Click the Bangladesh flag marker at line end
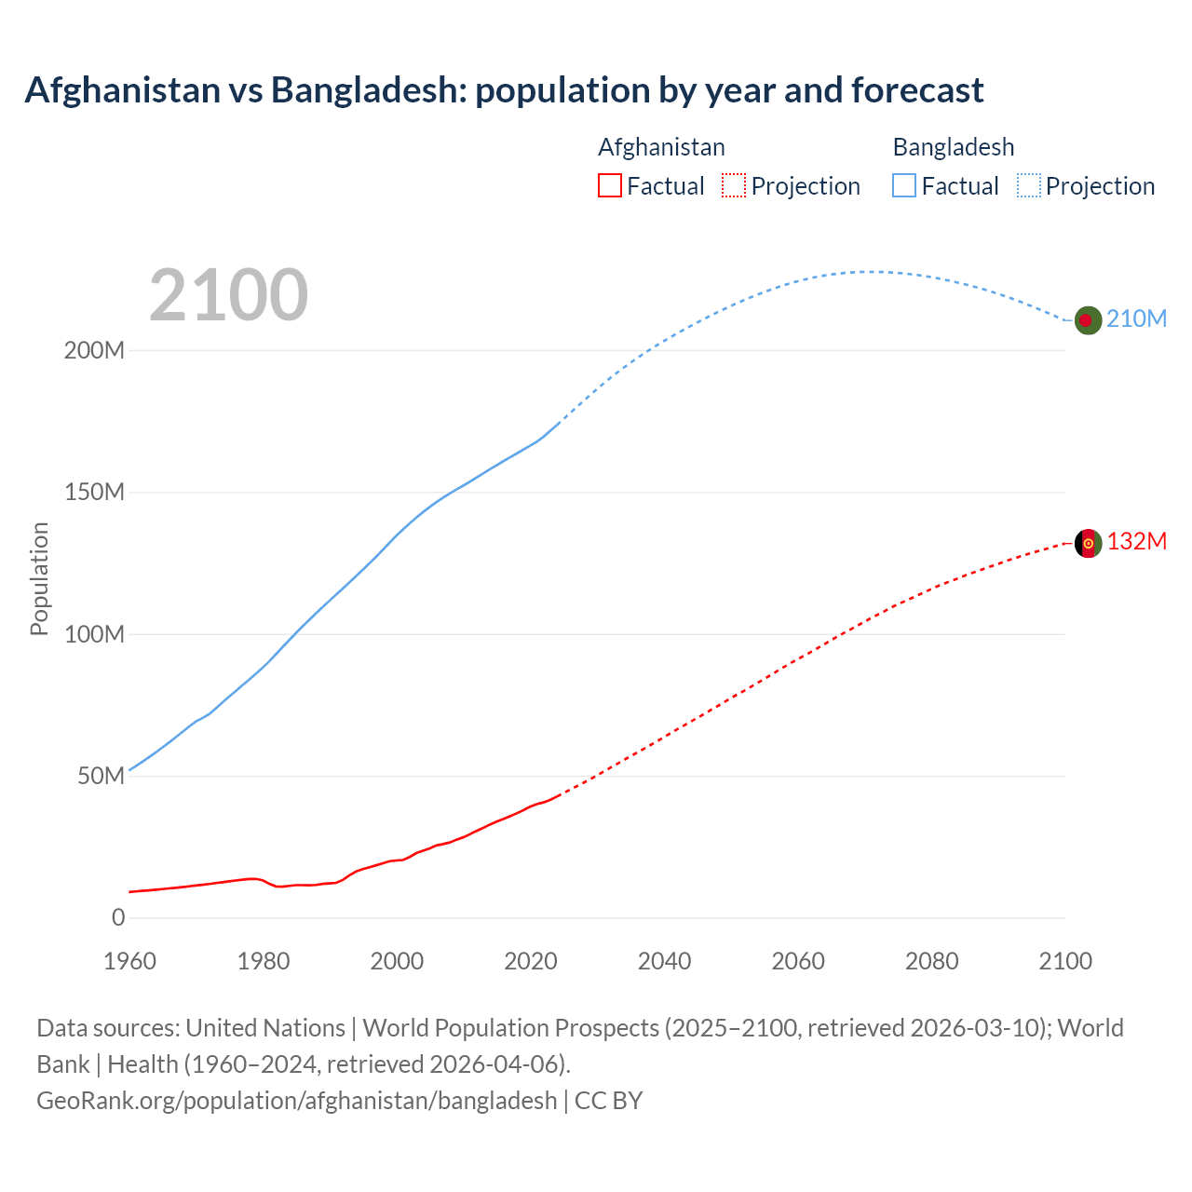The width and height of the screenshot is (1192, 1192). point(1088,320)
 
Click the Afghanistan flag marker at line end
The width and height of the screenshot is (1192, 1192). point(1088,543)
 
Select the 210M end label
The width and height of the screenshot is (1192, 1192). point(1136,318)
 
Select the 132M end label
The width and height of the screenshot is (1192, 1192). point(1136,541)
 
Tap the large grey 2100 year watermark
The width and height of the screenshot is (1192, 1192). point(228,295)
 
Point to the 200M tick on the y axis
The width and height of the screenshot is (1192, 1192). point(94,351)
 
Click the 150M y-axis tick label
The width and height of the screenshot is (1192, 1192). point(94,493)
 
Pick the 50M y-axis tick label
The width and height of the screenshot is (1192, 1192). point(101,777)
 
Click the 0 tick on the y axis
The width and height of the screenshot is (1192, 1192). point(118,918)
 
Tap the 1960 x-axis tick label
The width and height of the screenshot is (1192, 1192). point(129,961)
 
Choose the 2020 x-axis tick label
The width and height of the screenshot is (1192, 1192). point(531,961)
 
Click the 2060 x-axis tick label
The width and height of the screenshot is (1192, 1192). point(798,961)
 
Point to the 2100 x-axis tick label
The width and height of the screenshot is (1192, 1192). point(1064,961)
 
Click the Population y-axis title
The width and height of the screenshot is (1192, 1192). point(39,578)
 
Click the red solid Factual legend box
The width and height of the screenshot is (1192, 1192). point(610,186)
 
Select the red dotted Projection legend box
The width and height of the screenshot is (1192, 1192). point(734,186)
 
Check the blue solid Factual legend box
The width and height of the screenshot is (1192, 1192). point(904,186)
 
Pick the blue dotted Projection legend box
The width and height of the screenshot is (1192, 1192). point(1028,186)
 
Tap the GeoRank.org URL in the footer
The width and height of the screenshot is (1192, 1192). point(296,1101)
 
